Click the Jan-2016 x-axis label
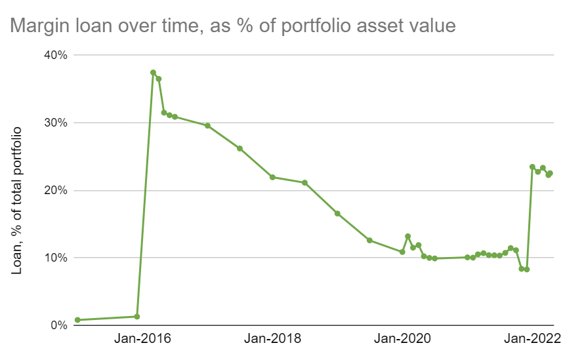tap(142, 340)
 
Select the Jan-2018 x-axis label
tap(272, 340)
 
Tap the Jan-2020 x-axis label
tap(402, 340)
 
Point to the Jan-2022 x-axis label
tap(532, 340)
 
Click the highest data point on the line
tap(153, 73)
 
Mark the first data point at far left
tap(77, 320)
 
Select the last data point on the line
tap(550, 173)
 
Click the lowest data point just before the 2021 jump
tap(527, 270)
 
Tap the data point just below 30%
tap(207, 125)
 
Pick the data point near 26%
tap(239, 148)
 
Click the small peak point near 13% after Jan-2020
tap(407, 236)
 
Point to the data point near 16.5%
tap(337, 213)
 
